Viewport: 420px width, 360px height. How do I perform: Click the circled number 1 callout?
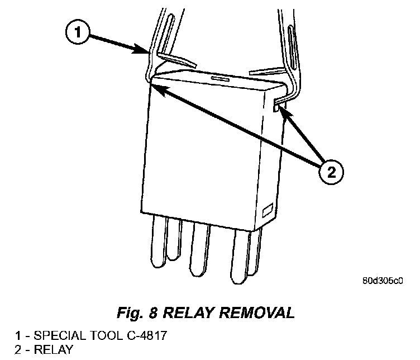click(x=78, y=33)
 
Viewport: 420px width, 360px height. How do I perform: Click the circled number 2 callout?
click(x=330, y=172)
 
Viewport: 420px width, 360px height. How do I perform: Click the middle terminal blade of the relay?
click(x=199, y=248)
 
